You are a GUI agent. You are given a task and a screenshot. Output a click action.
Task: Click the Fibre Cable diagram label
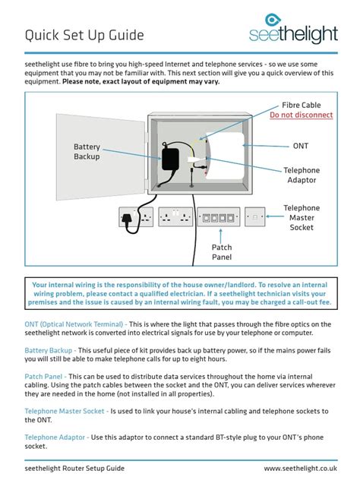[x=301, y=105]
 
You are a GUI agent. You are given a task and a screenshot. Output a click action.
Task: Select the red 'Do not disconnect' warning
[x=301, y=115]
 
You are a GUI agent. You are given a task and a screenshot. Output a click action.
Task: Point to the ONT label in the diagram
[x=301, y=145]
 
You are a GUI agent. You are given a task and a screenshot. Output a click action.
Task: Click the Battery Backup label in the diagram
[x=87, y=151]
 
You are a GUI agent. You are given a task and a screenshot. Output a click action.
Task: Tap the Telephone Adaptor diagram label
[x=302, y=175]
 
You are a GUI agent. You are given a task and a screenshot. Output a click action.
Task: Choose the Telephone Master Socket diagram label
[x=302, y=217]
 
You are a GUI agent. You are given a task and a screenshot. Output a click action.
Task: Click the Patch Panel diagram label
[x=222, y=252]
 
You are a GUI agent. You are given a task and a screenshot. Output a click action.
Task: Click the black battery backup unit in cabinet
[x=169, y=159]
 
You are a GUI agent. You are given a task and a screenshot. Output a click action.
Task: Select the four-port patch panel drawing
[x=218, y=218]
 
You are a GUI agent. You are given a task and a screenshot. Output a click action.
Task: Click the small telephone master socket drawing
[x=255, y=218]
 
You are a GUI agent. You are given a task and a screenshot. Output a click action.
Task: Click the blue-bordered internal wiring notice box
[x=180, y=292]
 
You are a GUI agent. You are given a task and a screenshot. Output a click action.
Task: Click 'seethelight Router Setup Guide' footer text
[x=74, y=469]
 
